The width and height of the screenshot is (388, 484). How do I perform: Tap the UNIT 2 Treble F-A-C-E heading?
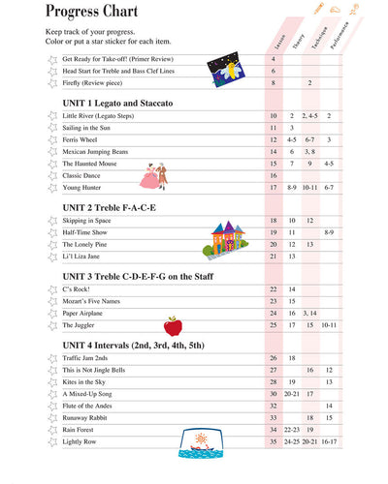[x=110, y=207]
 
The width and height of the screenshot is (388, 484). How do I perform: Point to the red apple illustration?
[x=173, y=325]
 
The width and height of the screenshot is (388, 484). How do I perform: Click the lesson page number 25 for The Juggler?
[x=274, y=324]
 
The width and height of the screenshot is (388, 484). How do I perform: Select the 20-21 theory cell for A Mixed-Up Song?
[x=291, y=394]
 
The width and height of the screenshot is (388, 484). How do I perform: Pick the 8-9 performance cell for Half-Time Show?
[x=329, y=232]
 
